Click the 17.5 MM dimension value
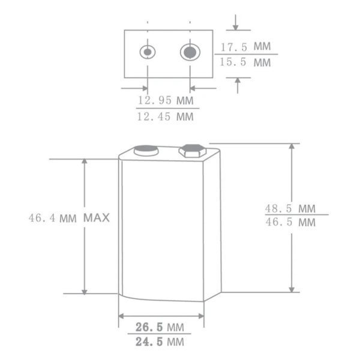tap(245, 46)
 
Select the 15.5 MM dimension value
tap(245, 62)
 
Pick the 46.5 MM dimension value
tap(290, 223)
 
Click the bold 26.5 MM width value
tap(159, 327)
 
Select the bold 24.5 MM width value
tap(159, 343)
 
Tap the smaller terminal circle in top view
tap(147, 52)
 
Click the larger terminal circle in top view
tap(190, 52)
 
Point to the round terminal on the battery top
tap(146, 151)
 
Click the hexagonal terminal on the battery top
tap(191, 150)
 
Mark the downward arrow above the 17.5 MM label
tap(236, 25)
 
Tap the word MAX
tap(97, 218)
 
